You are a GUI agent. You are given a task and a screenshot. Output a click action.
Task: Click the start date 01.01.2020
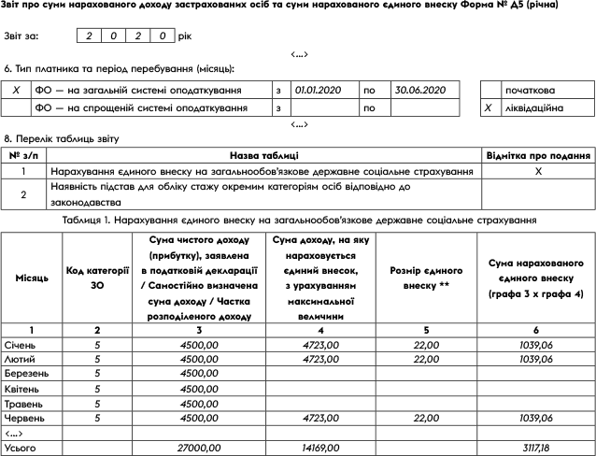pos(319,91)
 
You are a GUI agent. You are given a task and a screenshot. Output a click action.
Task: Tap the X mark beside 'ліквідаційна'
pos(488,108)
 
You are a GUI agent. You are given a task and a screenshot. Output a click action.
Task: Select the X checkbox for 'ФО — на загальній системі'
pos(17,91)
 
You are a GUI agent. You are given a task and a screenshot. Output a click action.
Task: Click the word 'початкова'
pos(530,91)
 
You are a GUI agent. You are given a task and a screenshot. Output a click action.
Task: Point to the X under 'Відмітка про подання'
pos(537,173)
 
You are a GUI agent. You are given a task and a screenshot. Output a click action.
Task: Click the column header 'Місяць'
pos(32,278)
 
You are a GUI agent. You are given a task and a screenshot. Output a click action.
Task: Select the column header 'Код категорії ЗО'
pos(97,278)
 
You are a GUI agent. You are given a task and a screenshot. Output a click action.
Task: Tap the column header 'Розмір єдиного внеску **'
pos(419,278)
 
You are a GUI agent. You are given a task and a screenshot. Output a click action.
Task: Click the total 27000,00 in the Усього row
pos(197,449)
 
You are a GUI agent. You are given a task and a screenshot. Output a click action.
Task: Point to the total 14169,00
pos(320,449)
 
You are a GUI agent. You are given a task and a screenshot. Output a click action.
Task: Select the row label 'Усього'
pos(21,449)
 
